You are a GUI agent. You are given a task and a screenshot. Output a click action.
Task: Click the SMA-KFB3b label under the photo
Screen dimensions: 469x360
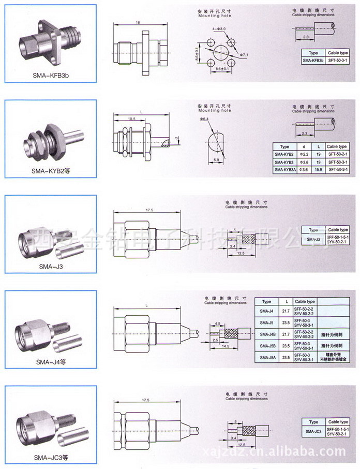[x=51, y=75]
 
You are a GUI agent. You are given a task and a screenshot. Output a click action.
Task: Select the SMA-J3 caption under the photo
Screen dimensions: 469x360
[x=51, y=267]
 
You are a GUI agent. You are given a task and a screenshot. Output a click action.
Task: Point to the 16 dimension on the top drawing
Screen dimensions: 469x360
[x=138, y=23]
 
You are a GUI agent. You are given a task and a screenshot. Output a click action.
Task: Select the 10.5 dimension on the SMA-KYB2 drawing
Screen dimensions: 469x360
[x=132, y=119]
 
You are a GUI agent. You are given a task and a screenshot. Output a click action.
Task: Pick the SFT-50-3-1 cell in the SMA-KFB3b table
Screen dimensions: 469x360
[x=338, y=61]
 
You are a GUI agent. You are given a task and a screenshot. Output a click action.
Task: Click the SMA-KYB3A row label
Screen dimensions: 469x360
[x=284, y=169]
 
